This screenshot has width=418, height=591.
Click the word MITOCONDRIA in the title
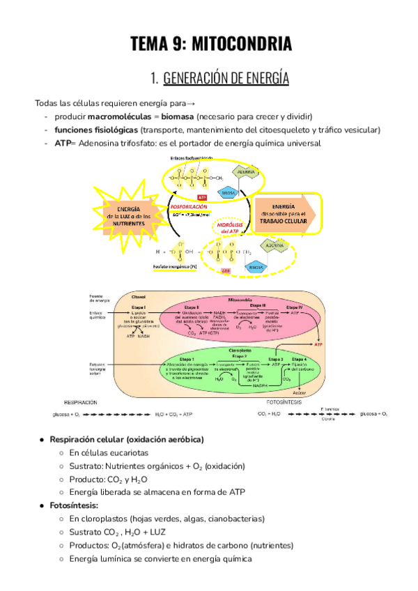239,45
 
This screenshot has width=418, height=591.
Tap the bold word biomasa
177,116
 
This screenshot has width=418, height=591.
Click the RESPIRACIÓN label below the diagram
80,402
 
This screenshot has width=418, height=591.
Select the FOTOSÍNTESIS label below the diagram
286,402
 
